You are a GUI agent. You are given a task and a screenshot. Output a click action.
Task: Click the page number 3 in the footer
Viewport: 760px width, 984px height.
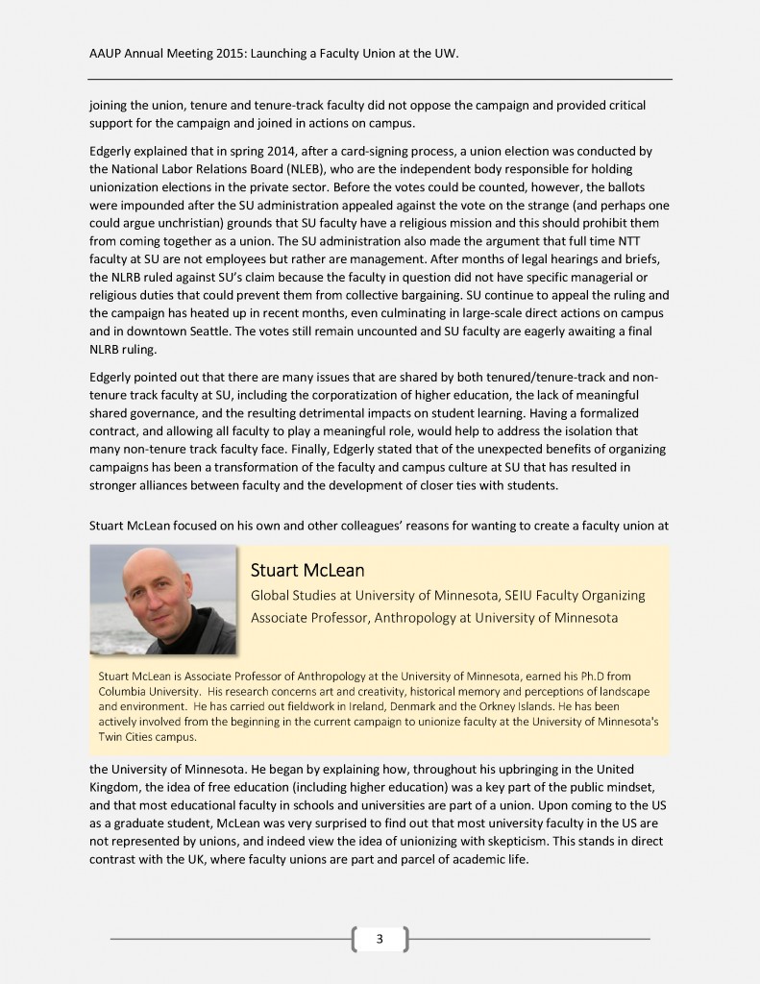click(x=380, y=938)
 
